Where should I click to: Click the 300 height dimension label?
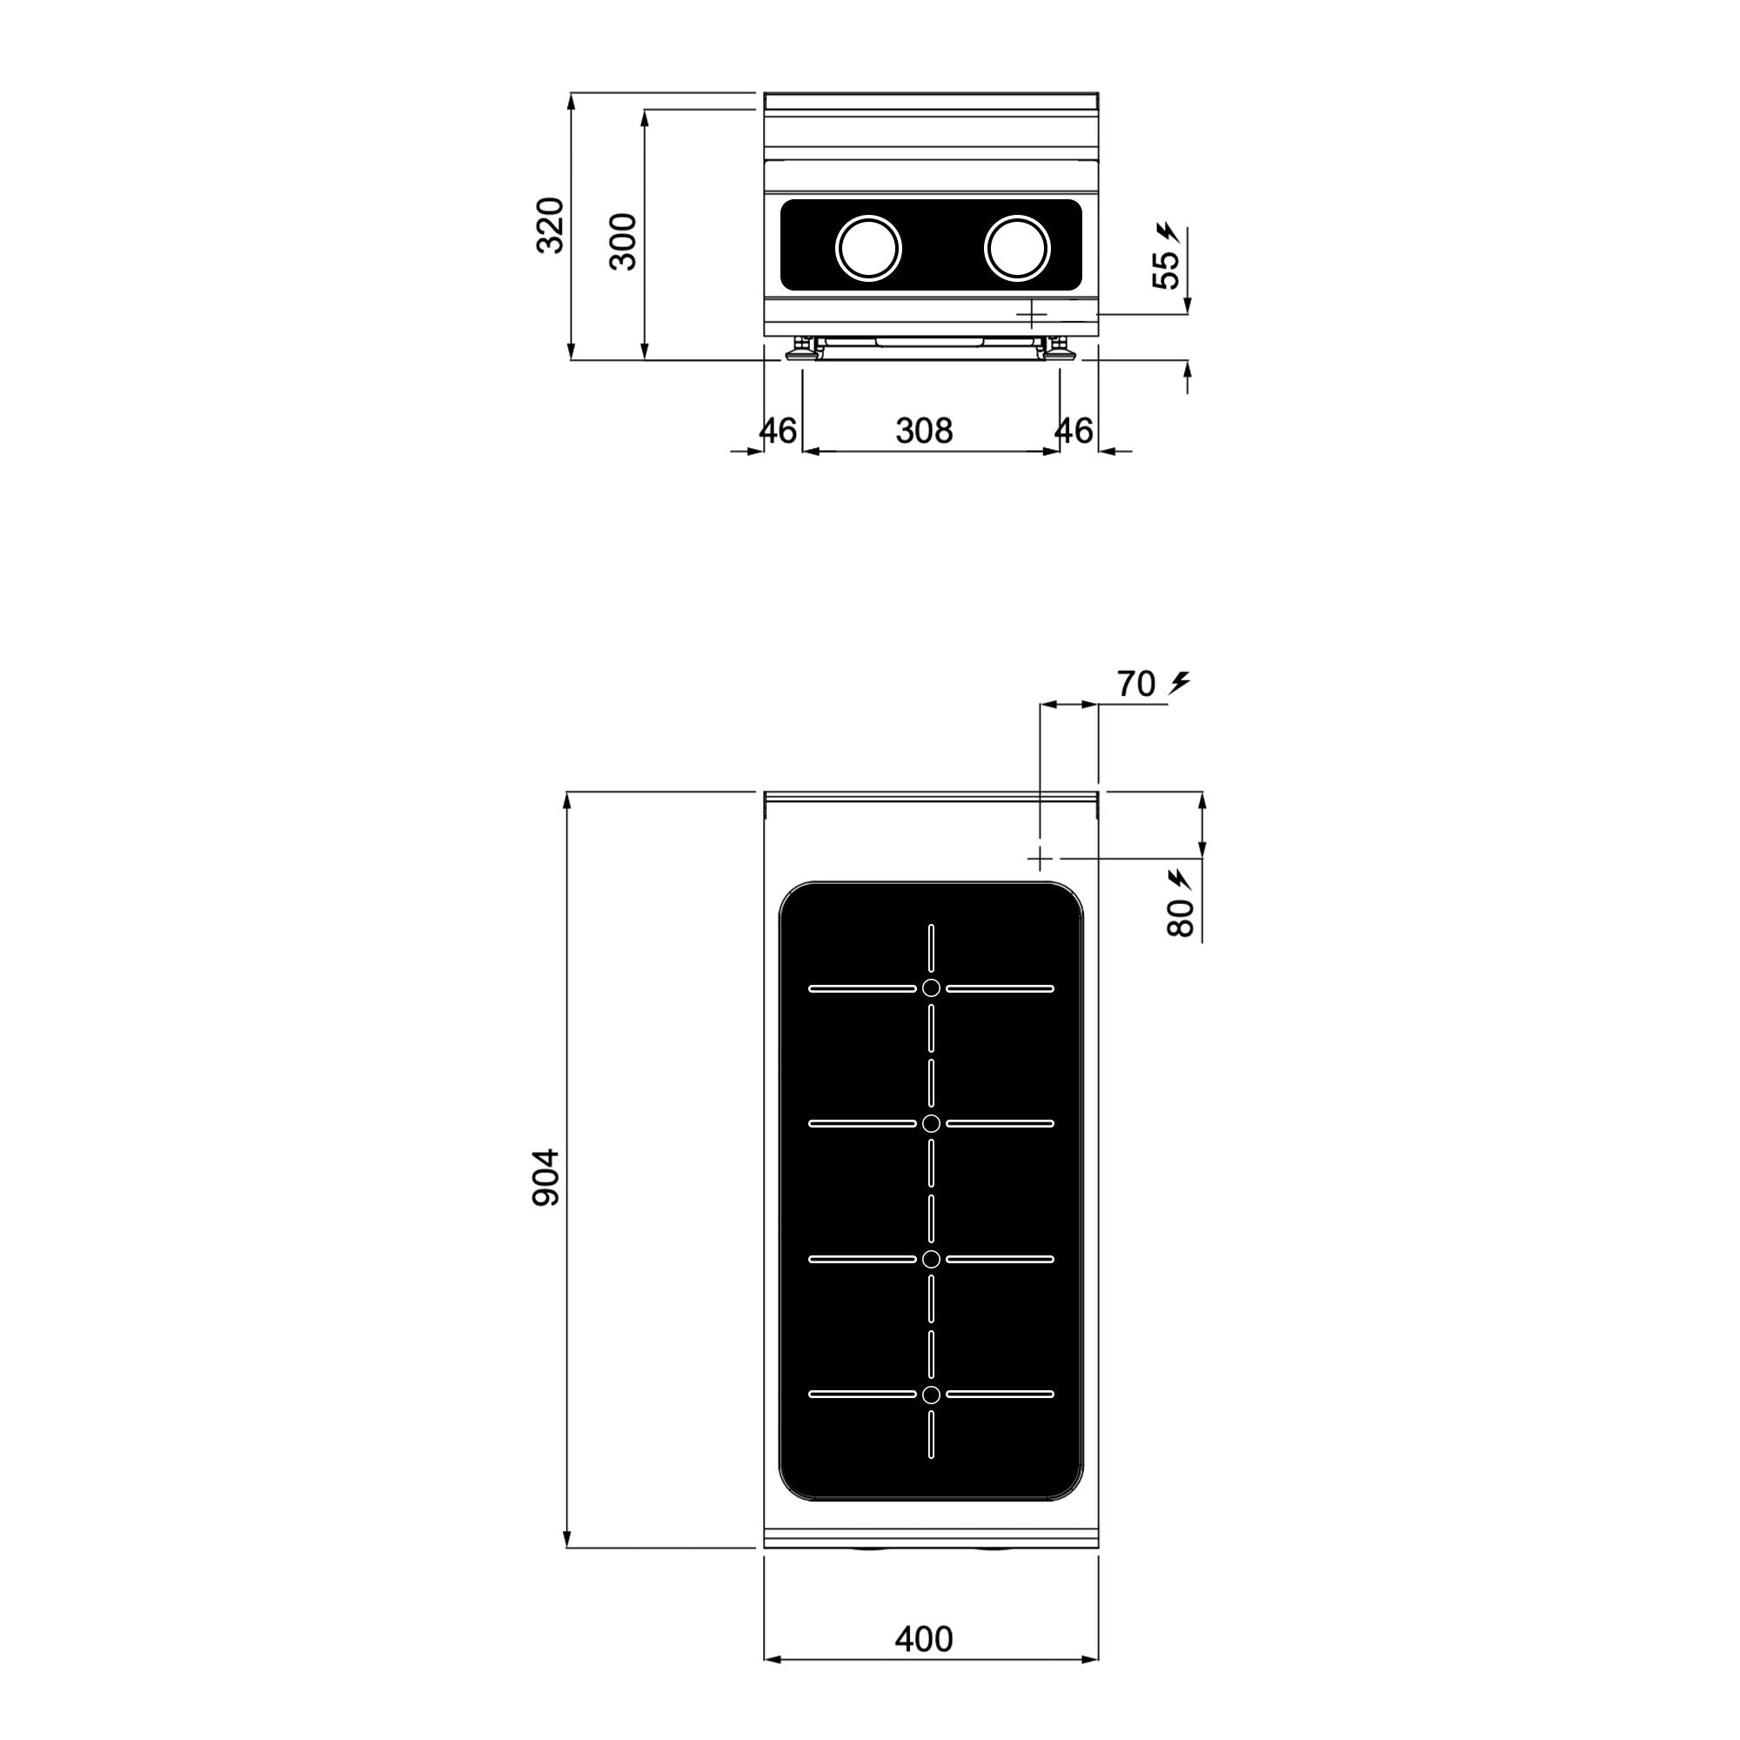pos(624,241)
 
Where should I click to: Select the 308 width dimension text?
pos(924,432)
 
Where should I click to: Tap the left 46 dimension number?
pos(778,432)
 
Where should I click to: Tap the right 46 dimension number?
pos(1074,432)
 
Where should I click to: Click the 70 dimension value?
pos(1135,686)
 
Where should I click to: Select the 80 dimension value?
pos(1181,918)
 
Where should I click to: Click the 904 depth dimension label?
pos(546,1177)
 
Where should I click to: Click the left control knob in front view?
pos(868,248)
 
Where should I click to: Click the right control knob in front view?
pos(1018,248)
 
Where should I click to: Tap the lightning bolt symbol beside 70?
pos(1179,684)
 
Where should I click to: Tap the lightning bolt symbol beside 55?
pos(1168,232)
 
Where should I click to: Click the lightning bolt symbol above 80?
pos(1179,878)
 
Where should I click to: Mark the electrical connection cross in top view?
pos(1041,858)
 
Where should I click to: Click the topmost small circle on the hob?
pos(931,988)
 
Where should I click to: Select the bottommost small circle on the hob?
pos(931,1394)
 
